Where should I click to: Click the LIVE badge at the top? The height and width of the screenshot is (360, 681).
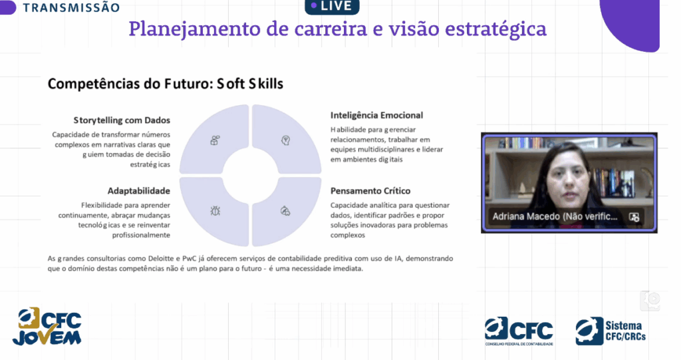tap(333, 6)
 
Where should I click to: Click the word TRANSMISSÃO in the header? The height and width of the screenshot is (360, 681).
tap(71, 7)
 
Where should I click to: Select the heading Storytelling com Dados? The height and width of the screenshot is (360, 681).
tap(122, 120)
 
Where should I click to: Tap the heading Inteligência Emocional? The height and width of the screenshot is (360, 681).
tap(376, 115)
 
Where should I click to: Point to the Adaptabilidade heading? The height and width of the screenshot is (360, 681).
tap(139, 191)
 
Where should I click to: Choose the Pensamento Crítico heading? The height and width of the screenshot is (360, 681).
tap(370, 191)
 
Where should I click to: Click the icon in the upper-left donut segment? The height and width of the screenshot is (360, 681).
tap(215, 140)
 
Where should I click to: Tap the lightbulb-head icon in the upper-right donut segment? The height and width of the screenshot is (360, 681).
tap(285, 140)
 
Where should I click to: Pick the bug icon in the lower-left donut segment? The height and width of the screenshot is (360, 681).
tap(215, 211)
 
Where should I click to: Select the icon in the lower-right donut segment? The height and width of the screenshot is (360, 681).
tap(285, 211)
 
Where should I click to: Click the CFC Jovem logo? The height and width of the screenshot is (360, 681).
tap(47, 327)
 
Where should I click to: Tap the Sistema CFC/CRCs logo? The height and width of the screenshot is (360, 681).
tap(611, 331)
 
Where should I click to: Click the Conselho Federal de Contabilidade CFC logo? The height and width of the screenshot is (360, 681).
tap(519, 331)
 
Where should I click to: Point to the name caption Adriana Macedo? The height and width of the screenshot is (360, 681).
tap(555, 216)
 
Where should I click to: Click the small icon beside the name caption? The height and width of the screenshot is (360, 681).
tap(634, 217)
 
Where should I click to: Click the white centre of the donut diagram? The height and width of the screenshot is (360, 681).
tap(251, 175)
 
